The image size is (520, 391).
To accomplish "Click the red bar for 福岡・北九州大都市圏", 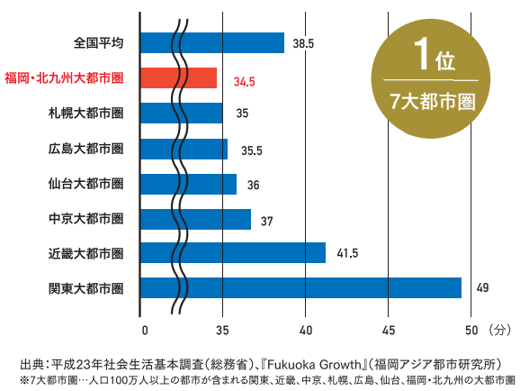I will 180,78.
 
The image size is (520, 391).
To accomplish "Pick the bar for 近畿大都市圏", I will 234,253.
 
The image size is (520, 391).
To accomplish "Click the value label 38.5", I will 303,43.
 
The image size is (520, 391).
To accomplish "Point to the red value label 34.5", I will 244,81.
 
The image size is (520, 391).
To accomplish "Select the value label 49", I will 482,288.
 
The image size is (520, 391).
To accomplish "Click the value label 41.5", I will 345,253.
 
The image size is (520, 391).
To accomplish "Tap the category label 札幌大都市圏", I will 85,114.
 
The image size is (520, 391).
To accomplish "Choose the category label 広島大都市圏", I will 85,149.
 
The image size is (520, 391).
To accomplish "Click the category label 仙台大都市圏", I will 85,184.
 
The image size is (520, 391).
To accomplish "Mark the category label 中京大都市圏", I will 85,218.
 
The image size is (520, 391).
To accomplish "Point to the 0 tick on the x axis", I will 144,328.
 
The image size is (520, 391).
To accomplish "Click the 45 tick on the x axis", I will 389,328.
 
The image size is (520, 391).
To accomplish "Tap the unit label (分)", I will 500,328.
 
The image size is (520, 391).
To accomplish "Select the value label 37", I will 266,219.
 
